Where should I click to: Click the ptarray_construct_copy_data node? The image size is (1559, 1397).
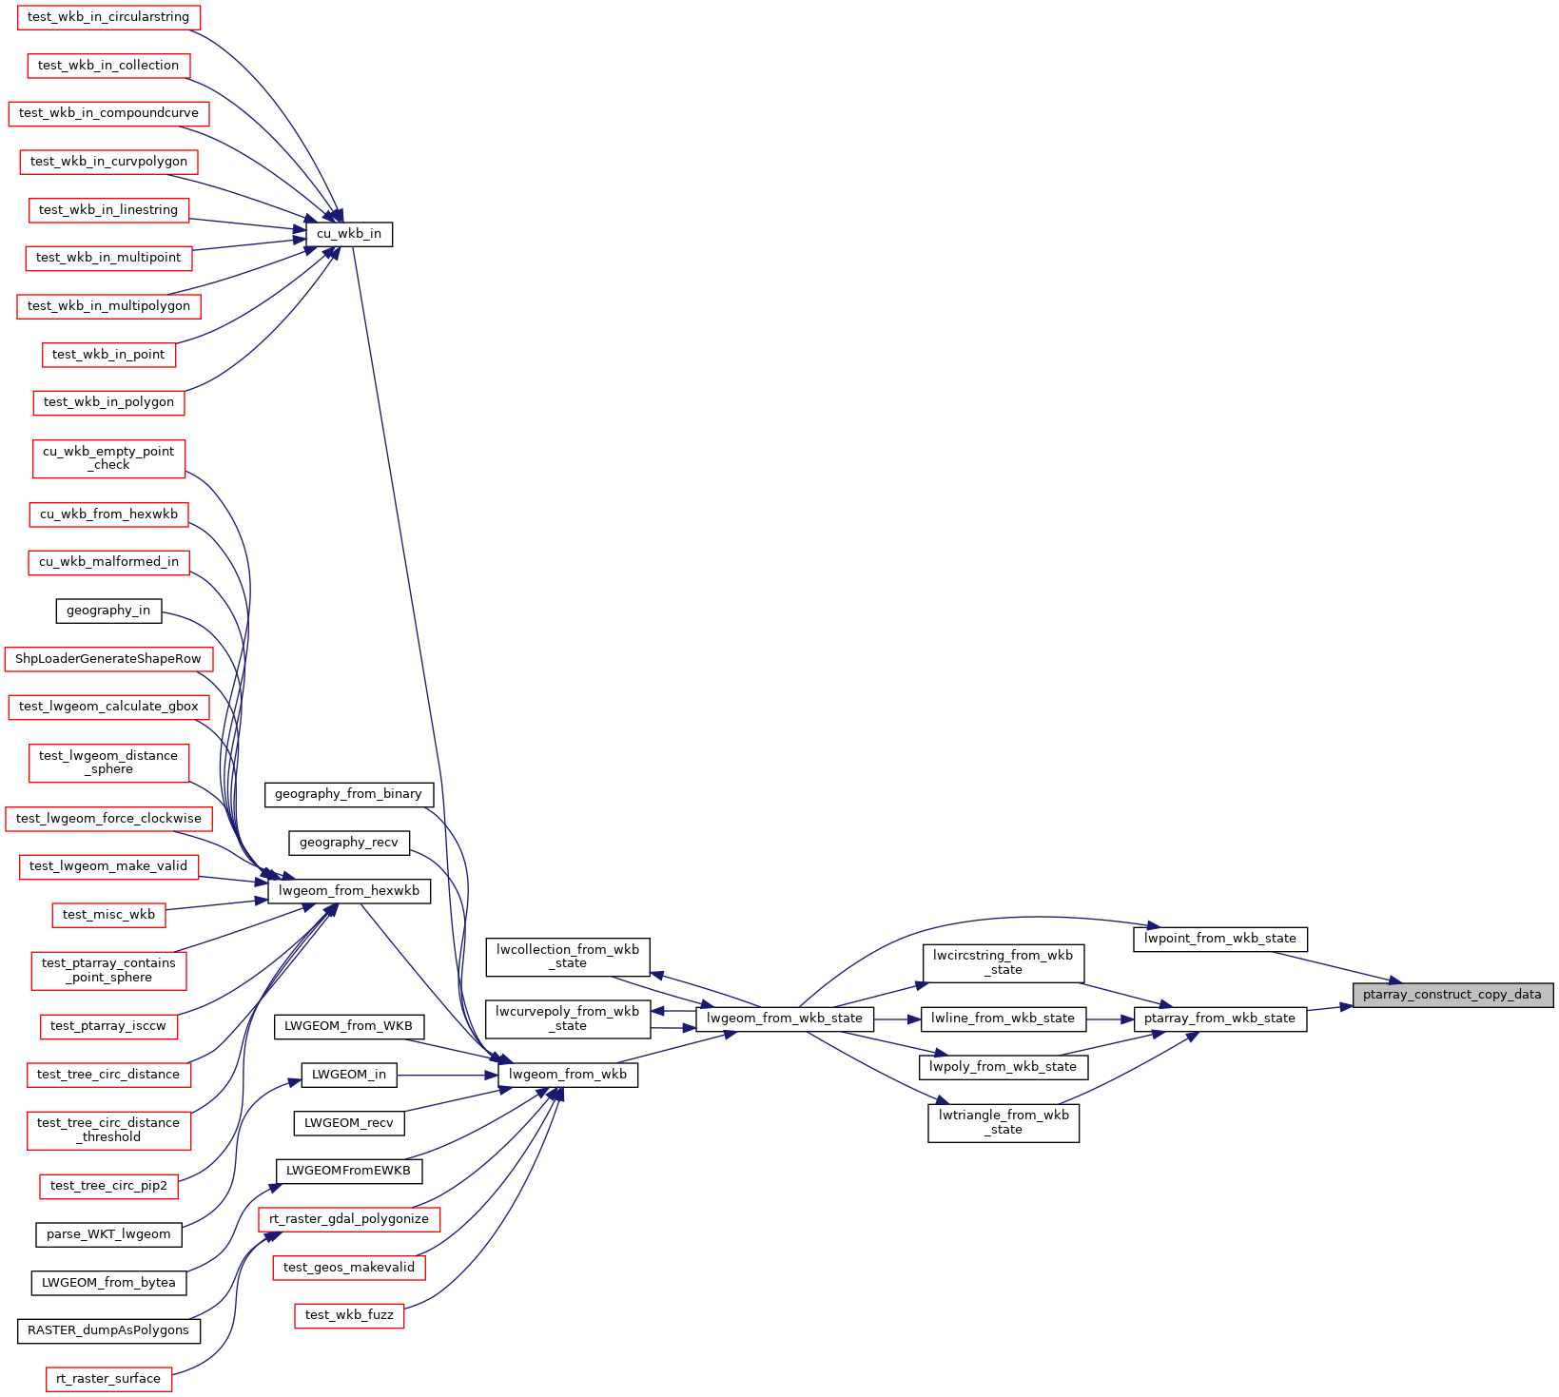tap(1452, 995)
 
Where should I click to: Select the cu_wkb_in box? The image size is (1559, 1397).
tap(349, 234)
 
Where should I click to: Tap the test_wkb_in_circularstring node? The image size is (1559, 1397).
tap(108, 17)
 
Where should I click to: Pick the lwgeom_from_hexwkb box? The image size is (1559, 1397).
tap(349, 891)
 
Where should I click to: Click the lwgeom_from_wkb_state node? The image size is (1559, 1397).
tap(785, 1019)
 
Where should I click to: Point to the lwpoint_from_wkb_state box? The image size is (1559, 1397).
tap(1220, 939)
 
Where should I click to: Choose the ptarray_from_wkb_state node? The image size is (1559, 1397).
tap(1220, 1019)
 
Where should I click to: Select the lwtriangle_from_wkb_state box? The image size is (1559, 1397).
tap(1004, 1122)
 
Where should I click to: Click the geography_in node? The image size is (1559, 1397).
tap(108, 611)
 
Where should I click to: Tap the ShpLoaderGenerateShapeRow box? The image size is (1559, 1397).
tap(108, 659)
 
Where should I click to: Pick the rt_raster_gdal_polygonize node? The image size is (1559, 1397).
tap(349, 1219)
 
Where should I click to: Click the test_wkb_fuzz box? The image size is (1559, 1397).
tap(349, 1315)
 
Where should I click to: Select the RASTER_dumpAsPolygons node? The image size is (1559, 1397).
tap(108, 1330)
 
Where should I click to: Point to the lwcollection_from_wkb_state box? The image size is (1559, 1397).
tap(568, 957)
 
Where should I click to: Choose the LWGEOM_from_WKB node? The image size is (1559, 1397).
tap(349, 1026)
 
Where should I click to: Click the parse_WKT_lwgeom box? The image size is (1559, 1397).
tap(108, 1234)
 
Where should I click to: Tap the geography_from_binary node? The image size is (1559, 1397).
tap(349, 794)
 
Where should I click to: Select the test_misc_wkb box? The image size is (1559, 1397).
tap(108, 915)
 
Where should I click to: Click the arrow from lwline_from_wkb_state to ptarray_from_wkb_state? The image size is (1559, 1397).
tap(1109, 1019)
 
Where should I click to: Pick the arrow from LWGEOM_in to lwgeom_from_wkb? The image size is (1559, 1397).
tap(447, 1076)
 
